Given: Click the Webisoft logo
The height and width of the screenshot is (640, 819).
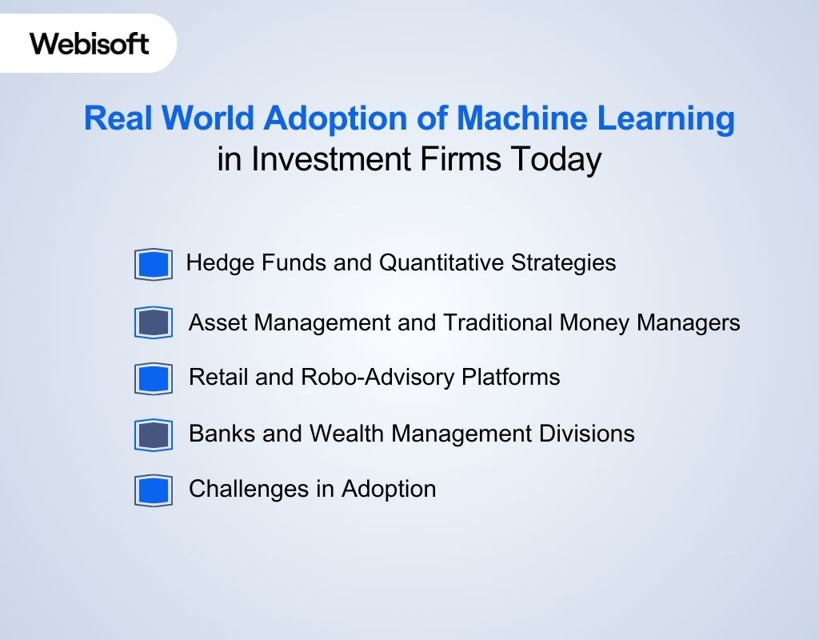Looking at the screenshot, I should [x=90, y=43].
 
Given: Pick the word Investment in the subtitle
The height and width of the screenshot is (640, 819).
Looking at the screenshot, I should [x=330, y=159].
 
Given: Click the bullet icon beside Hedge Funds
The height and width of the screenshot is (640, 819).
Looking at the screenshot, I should [x=154, y=264].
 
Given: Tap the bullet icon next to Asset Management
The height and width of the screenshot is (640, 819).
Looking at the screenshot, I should [x=154, y=323].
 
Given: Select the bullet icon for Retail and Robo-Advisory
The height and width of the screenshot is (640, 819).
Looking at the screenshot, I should [x=154, y=378].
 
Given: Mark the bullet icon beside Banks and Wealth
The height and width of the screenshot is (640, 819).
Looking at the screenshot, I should [x=154, y=435].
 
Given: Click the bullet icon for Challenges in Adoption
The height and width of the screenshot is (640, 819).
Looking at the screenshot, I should [x=154, y=490].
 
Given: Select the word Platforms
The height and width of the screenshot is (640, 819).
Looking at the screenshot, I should [x=511, y=377].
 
